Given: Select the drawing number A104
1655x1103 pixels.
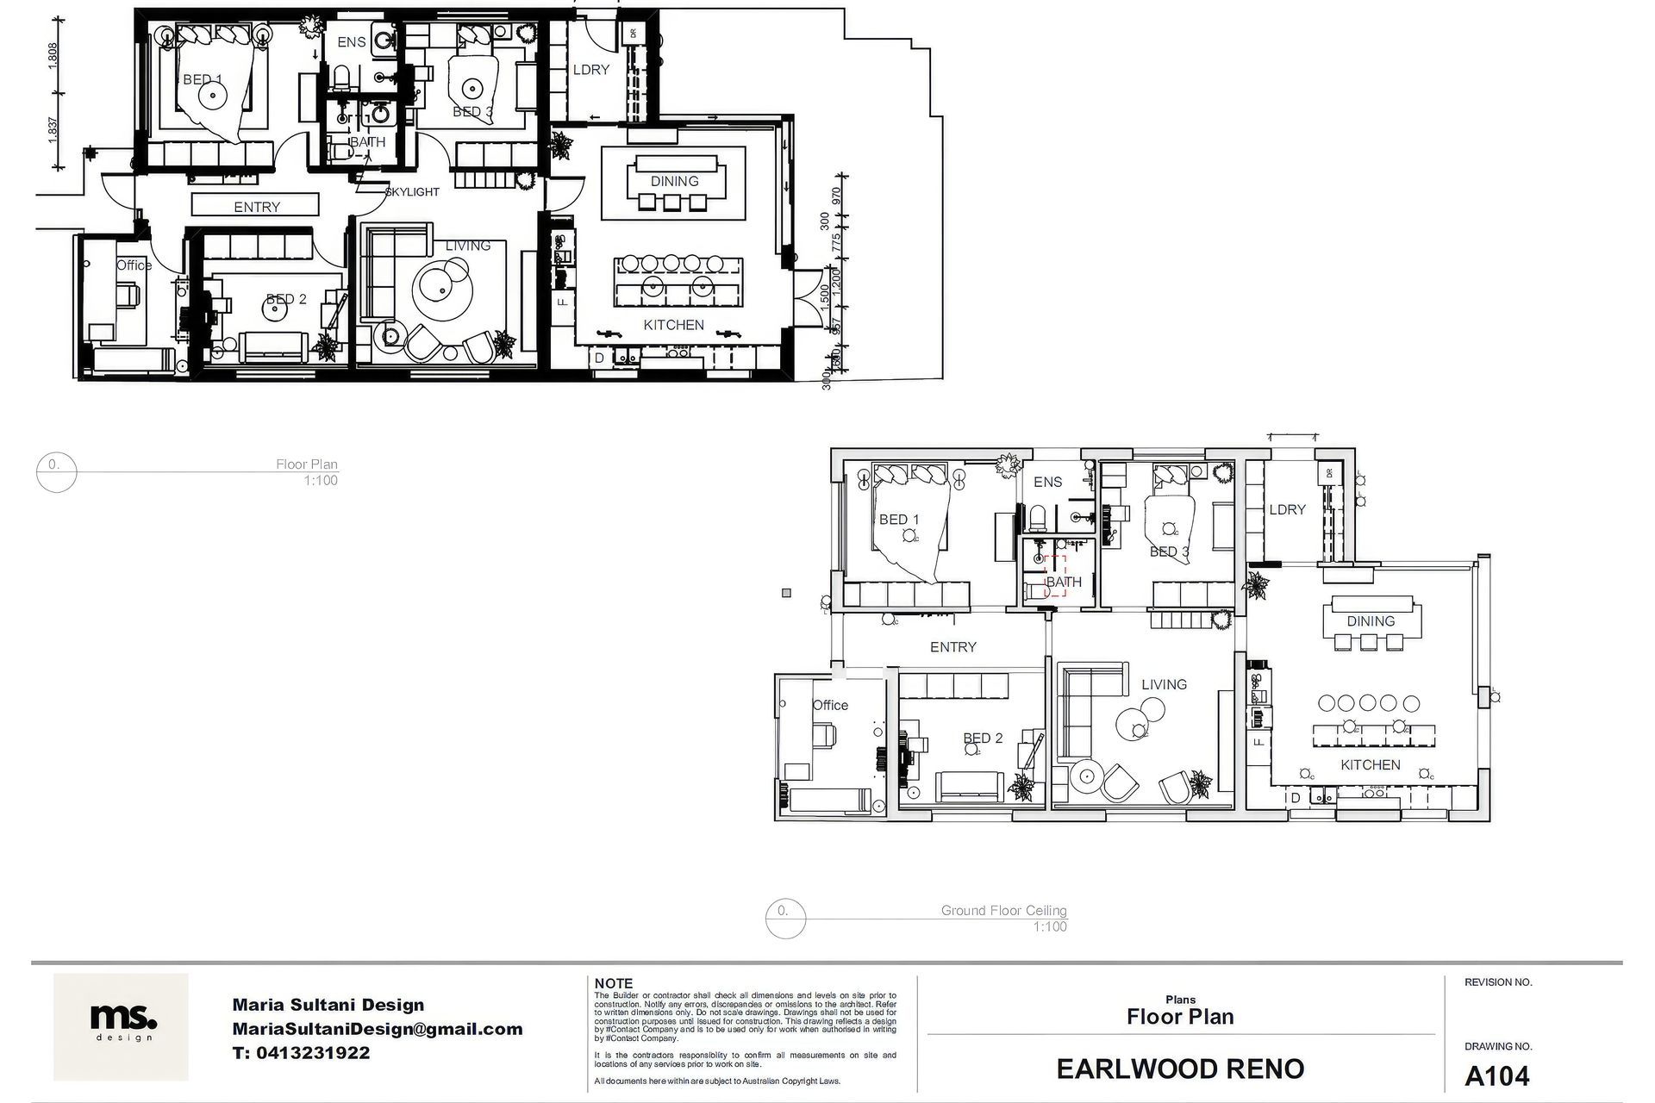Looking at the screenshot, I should coord(1496,1076).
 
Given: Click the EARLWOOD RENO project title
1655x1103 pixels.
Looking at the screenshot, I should coord(1180,1069).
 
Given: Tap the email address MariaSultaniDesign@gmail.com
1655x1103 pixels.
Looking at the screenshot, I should coord(377,1029).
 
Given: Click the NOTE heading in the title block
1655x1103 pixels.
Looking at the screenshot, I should coord(614,983).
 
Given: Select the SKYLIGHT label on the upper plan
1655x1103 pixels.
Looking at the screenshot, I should coord(412,192).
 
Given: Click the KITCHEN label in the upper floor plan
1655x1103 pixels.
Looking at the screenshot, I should coord(674,325).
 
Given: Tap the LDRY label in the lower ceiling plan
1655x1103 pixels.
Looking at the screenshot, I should coord(1287,509).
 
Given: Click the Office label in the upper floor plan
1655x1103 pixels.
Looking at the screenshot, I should coord(134,265).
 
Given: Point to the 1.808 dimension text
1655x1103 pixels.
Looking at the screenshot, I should coord(53,57).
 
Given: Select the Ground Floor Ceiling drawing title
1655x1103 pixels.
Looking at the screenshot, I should coord(1003,910).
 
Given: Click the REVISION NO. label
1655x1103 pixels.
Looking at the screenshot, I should coord(1498,982).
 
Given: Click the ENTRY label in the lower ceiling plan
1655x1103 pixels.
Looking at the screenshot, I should coord(952,647).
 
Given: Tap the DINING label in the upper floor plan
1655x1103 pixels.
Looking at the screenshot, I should coord(674,181).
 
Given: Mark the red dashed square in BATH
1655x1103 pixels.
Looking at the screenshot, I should coord(1055,576).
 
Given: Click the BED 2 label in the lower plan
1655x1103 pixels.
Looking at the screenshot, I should coord(983,738).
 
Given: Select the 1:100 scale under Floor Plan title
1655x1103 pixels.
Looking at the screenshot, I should coord(320,481).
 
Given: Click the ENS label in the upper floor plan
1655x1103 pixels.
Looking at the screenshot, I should coord(351,42).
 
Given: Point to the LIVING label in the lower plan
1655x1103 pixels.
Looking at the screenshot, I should coord(1164,684).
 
